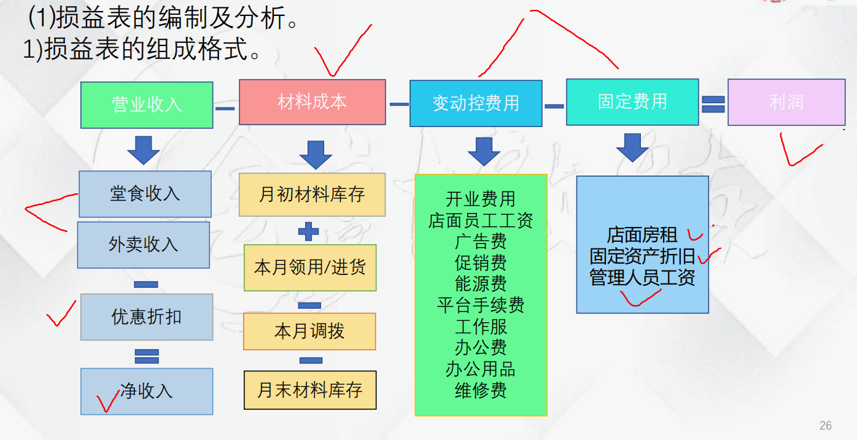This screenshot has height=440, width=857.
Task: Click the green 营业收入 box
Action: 147,105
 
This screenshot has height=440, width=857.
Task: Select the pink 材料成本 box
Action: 312,102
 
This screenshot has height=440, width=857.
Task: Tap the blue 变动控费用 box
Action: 476,103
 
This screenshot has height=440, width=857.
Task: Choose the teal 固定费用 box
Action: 632,102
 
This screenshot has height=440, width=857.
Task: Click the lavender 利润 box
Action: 786,102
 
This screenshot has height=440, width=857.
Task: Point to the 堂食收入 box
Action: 145,194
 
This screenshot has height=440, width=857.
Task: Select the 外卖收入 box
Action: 144,245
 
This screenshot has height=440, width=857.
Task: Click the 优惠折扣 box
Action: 147,317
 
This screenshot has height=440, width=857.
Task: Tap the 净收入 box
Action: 147,391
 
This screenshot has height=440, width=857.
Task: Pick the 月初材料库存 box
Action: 312,195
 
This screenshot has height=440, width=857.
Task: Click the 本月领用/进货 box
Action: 310,268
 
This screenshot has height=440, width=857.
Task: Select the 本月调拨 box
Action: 309,331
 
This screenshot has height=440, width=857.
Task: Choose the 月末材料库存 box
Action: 310,390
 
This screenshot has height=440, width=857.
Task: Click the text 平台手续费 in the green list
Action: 481,305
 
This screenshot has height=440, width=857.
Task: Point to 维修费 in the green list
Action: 481,390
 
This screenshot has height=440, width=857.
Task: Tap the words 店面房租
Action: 642,234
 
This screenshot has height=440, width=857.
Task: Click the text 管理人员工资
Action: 642,277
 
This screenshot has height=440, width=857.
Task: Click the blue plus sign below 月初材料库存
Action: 309,232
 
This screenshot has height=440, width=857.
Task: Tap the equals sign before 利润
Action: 713,104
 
